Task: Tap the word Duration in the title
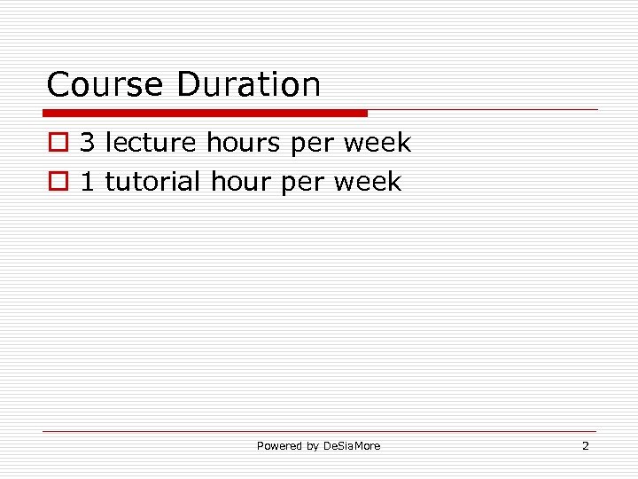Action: pyautogui.click(x=248, y=85)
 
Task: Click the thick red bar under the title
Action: pyautogui.click(x=206, y=113)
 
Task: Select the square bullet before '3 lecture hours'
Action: pyautogui.click(x=57, y=143)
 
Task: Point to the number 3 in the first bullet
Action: pyautogui.click(x=88, y=142)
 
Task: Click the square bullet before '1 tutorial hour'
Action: pyautogui.click(x=57, y=183)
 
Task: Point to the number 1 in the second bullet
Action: pyautogui.click(x=88, y=182)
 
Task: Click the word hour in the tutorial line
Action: pyautogui.click(x=241, y=182)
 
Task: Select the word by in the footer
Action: pyautogui.click(x=312, y=446)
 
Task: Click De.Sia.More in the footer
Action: pyautogui.click(x=351, y=446)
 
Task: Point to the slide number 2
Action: pyautogui.click(x=585, y=446)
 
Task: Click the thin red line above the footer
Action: pyautogui.click(x=319, y=432)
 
